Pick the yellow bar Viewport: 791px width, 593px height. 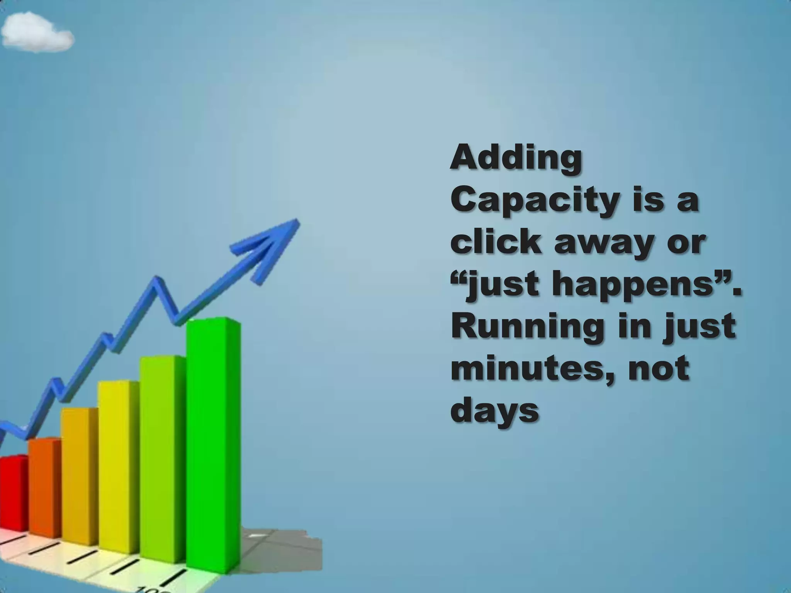click(118, 463)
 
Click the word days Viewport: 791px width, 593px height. click(494, 411)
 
